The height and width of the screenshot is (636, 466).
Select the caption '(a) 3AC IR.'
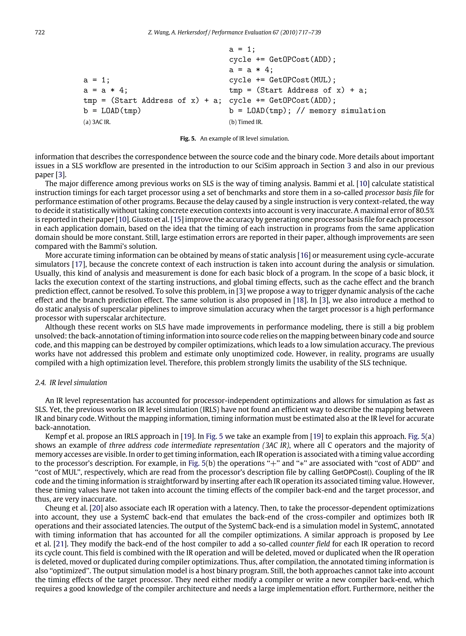[97, 122]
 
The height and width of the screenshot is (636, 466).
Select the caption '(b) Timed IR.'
[246, 122]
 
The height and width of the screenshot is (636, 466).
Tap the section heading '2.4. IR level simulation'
[71, 383]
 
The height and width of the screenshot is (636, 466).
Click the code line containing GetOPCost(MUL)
[282, 80]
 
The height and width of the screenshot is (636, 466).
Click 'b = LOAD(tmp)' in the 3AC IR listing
[112, 111]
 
